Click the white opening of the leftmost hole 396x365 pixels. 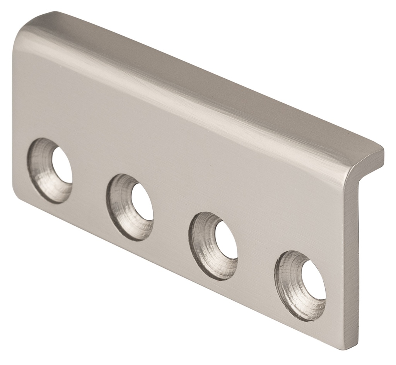point(62,166)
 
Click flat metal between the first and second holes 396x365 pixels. point(89,182)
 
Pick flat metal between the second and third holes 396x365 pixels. point(172,220)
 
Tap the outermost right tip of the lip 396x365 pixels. point(383,153)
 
